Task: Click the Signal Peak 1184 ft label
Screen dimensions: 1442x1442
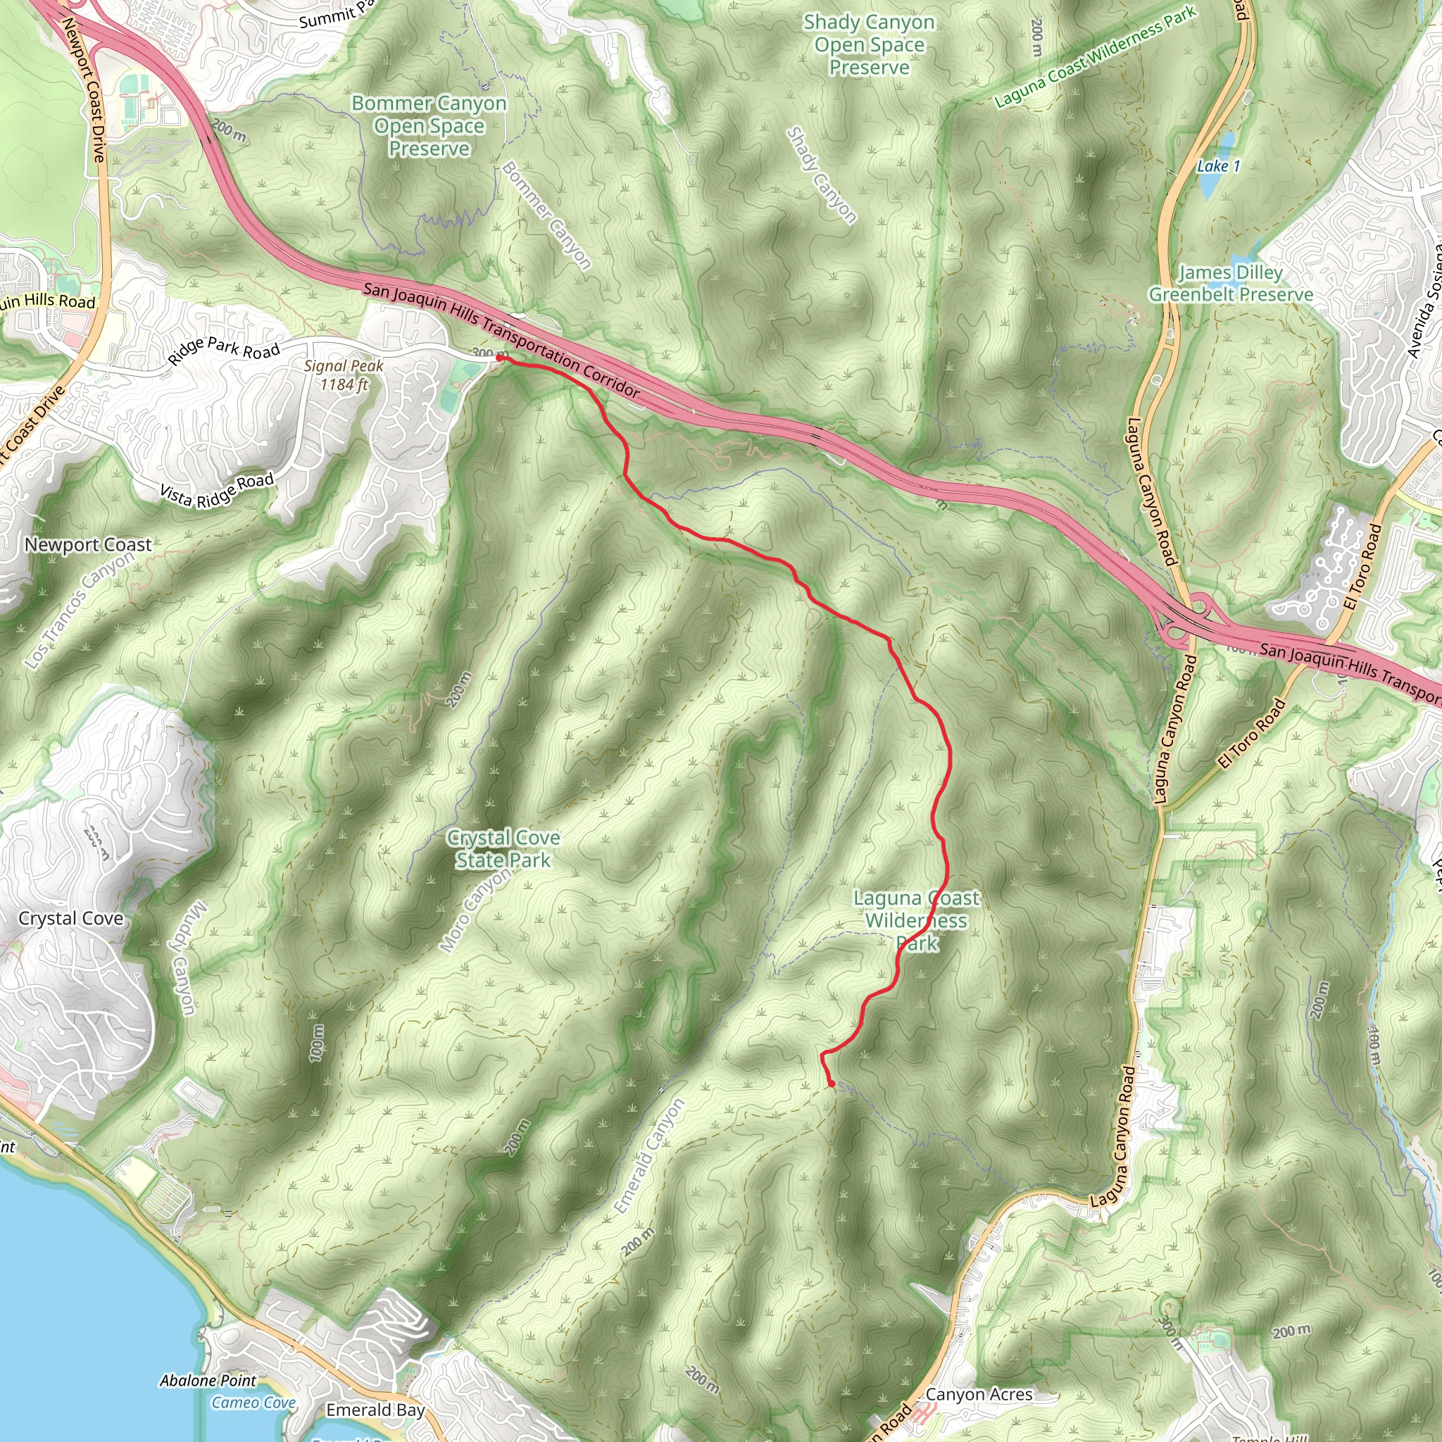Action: (x=344, y=375)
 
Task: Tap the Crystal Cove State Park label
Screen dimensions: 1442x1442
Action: (x=503, y=848)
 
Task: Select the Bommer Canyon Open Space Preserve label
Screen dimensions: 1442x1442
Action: (x=430, y=125)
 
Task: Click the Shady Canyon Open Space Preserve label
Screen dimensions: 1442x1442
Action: (x=869, y=45)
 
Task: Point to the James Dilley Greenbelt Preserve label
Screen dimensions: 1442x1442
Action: (x=1230, y=284)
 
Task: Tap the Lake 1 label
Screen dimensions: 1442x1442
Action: (x=1218, y=166)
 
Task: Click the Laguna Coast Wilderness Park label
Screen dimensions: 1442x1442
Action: (x=916, y=920)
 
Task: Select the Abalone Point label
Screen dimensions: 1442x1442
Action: (x=208, y=1381)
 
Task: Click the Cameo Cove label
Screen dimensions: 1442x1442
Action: (x=253, y=1403)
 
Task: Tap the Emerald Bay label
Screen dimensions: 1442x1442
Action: (x=375, y=1410)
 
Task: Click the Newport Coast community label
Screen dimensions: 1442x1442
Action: (x=88, y=545)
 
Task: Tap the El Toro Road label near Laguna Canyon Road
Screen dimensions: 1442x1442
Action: (x=1252, y=733)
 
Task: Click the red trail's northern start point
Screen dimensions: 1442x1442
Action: (x=499, y=358)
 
